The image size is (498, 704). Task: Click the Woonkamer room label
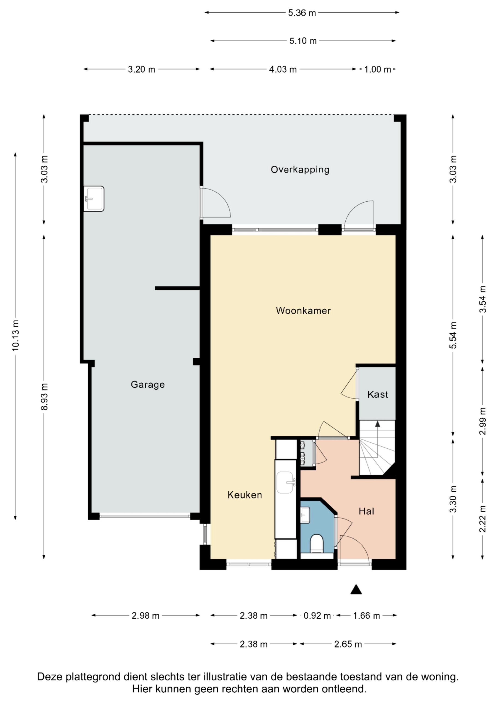tap(303, 311)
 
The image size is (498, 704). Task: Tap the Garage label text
tap(148, 385)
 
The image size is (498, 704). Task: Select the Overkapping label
tap(300, 170)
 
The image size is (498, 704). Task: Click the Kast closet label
tap(377, 394)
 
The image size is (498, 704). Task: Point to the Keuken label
tap(245, 495)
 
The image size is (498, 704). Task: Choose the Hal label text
tap(366, 511)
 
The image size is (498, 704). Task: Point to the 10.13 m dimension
tap(15, 335)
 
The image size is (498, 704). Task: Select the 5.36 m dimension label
tap(302, 13)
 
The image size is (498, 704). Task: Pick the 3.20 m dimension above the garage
tap(142, 69)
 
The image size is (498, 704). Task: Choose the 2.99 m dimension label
tap(483, 421)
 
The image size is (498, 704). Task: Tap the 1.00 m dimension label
tap(378, 69)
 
